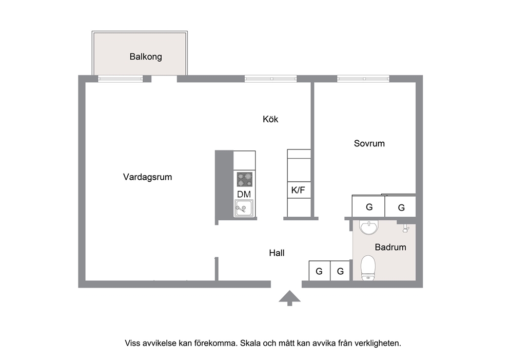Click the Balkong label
click(x=145, y=57)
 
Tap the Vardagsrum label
click(x=147, y=177)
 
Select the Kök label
click(x=270, y=119)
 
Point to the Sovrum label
click(x=369, y=143)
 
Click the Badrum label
click(x=390, y=247)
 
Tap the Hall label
click(x=277, y=253)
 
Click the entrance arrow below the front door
click(x=289, y=298)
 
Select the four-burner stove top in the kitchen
click(x=244, y=179)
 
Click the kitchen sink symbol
click(x=244, y=209)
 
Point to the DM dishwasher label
click(x=244, y=194)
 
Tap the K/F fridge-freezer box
click(x=299, y=190)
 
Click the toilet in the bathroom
click(x=368, y=268)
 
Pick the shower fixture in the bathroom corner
click(x=406, y=228)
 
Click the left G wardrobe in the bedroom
click(x=369, y=206)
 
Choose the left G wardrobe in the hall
click(x=320, y=271)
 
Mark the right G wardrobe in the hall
click(x=340, y=271)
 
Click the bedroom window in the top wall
click(x=363, y=79)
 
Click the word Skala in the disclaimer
click(x=250, y=343)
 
